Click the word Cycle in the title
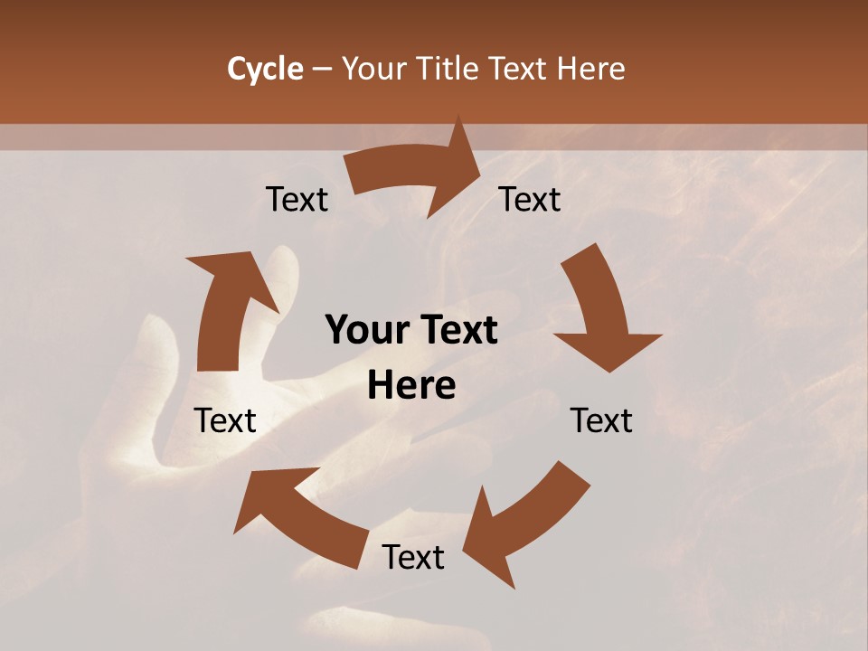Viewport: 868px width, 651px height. pos(265,69)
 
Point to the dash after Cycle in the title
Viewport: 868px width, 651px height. pos(322,70)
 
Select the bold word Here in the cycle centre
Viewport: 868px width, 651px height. pos(411,386)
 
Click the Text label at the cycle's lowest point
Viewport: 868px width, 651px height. pos(413,557)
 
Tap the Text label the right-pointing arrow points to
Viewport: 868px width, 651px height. pos(530,199)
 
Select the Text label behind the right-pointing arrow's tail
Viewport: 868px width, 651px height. pos(297,199)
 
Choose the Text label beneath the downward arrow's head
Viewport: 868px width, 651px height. pos(601,420)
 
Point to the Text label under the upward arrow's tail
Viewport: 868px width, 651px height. pos(225,420)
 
